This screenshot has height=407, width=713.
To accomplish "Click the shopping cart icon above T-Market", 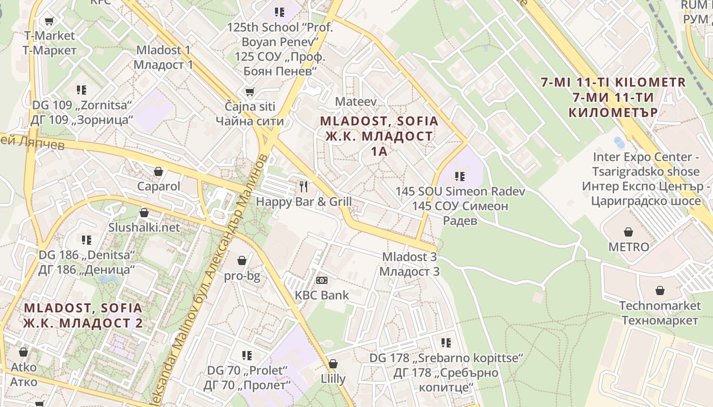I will (49, 21).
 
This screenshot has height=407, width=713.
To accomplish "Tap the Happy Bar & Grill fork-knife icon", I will (304, 186).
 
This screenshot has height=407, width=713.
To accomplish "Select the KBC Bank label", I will (322, 295).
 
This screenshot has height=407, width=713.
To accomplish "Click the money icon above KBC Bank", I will (322, 280).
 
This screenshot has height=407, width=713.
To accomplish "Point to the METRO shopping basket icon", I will (628, 232).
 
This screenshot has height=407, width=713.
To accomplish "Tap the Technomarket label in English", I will (660, 306).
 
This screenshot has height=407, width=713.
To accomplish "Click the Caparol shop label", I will (158, 186).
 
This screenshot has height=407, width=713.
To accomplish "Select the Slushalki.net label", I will (144, 227).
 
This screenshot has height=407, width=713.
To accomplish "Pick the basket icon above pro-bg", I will (242, 260).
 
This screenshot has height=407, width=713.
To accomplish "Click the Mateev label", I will (355, 102).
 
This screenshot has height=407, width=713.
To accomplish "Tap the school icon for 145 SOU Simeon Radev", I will (460, 177).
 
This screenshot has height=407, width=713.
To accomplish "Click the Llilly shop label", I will (333, 379).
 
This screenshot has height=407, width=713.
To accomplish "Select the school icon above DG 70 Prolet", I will (247, 355).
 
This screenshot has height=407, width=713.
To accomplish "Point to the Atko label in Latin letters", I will (23, 367).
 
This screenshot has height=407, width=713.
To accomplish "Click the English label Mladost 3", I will (409, 257).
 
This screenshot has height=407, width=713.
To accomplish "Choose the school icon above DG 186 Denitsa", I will (87, 240).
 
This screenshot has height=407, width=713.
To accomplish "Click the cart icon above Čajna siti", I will (250, 92).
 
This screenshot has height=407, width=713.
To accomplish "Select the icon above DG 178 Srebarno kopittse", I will (446, 343).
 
